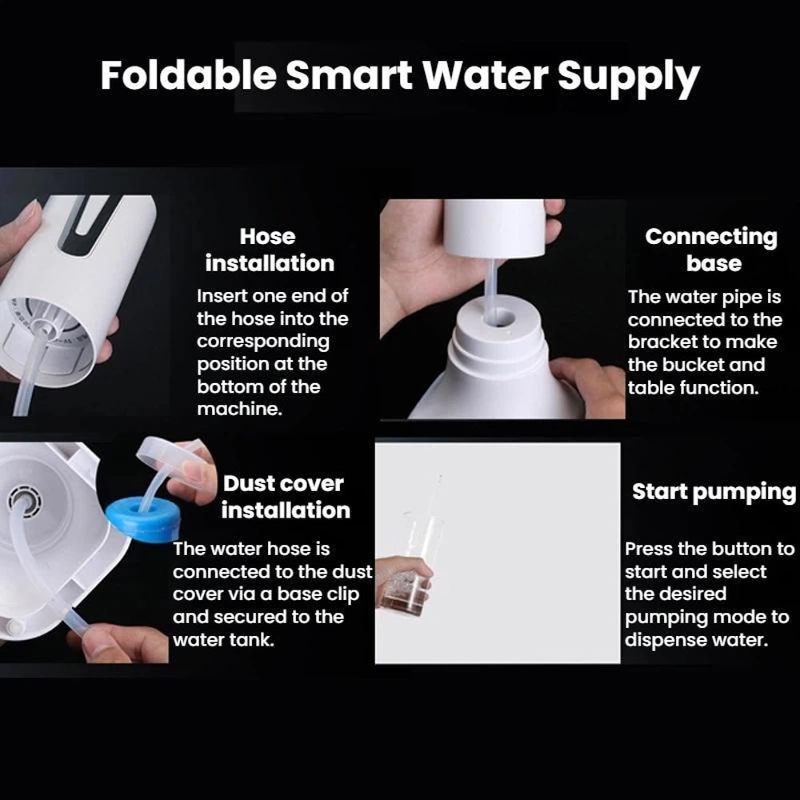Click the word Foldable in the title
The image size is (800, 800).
[188, 76]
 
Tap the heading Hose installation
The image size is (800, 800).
[269, 250]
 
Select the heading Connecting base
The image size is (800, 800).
[711, 250]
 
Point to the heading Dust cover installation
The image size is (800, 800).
[284, 497]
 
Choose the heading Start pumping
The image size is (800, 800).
[714, 491]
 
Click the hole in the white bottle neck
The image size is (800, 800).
[499, 317]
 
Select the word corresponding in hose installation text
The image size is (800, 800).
[263, 341]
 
